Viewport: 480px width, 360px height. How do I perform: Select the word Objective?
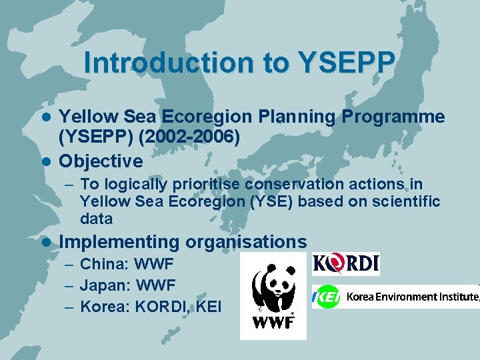(101, 161)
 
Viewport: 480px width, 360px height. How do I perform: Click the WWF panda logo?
(273, 295)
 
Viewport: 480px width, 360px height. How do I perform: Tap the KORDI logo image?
(345, 264)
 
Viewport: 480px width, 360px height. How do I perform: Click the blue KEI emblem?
(327, 297)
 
